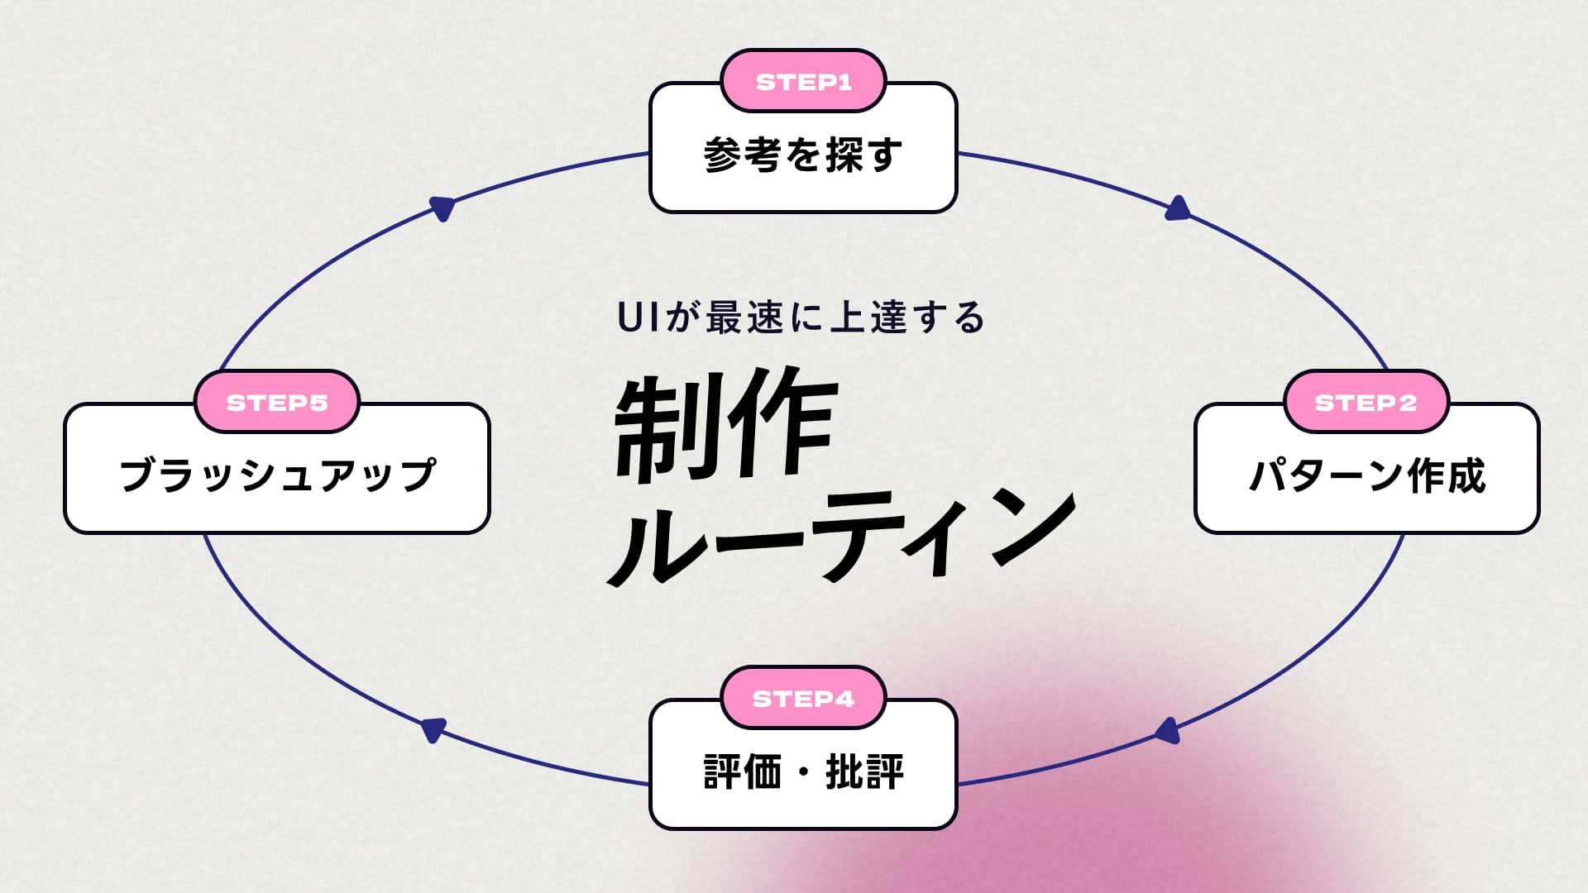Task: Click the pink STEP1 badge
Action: click(x=803, y=81)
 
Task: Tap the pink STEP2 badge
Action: click(x=1366, y=403)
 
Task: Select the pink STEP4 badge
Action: click(x=803, y=699)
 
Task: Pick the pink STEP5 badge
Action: click(x=277, y=403)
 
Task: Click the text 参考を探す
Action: click(x=803, y=155)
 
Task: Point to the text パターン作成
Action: click(x=1367, y=475)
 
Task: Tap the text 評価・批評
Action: click(x=803, y=771)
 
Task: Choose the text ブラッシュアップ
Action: click(x=277, y=475)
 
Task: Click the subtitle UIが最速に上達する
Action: click(x=801, y=318)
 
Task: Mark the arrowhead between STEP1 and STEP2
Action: click(x=1178, y=208)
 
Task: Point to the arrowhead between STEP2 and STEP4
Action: click(x=1167, y=731)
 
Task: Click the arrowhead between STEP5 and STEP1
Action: click(x=443, y=208)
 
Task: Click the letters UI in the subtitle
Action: click(x=639, y=318)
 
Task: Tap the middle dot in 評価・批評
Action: click(x=803, y=772)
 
